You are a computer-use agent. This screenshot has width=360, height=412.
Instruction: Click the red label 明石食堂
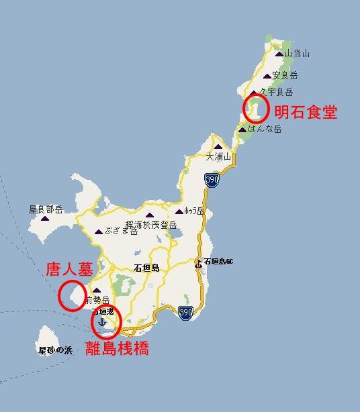[306, 111]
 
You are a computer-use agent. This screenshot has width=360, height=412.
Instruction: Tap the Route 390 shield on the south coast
[186, 313]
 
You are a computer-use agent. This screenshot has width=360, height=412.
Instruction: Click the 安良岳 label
[285, 76]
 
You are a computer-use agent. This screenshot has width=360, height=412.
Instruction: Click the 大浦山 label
[218, 156]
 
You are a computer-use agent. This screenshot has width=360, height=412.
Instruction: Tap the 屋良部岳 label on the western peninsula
[46, 209]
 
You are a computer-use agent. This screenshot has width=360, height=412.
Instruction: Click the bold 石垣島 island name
[146, 268]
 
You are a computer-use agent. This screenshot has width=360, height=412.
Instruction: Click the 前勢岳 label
[97, 300]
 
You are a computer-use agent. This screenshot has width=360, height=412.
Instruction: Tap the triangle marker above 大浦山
[218, 147]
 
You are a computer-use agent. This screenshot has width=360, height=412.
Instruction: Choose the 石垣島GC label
[218, 261]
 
